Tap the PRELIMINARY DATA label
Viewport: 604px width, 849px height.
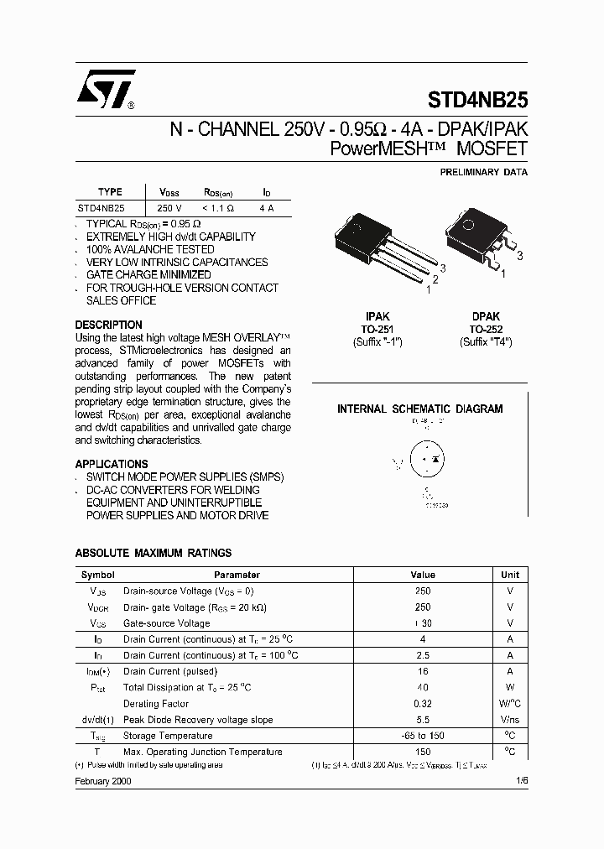coord(484,172)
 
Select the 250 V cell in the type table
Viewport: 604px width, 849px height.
coord(169,207)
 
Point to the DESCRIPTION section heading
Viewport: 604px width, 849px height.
coord(109,325)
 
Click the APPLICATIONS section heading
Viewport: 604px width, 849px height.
coord(112,464)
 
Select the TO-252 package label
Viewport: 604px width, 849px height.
coord(486,330)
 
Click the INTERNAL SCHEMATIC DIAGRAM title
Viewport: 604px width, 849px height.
coord(419,409)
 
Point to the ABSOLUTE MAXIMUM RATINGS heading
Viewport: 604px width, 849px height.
coord(154,553)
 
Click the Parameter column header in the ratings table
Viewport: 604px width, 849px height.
coord(237,575)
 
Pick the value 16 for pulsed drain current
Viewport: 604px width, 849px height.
coord(423,671)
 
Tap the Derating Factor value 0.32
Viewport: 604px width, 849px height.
coord(423,704)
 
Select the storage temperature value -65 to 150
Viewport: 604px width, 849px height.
coord(423,736)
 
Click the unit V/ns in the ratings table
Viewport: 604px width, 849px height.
coord(510,720)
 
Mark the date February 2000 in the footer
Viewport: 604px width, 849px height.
coord(103,780)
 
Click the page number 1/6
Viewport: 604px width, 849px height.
coord(522,780)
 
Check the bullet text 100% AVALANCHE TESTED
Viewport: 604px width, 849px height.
coord(150,249)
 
